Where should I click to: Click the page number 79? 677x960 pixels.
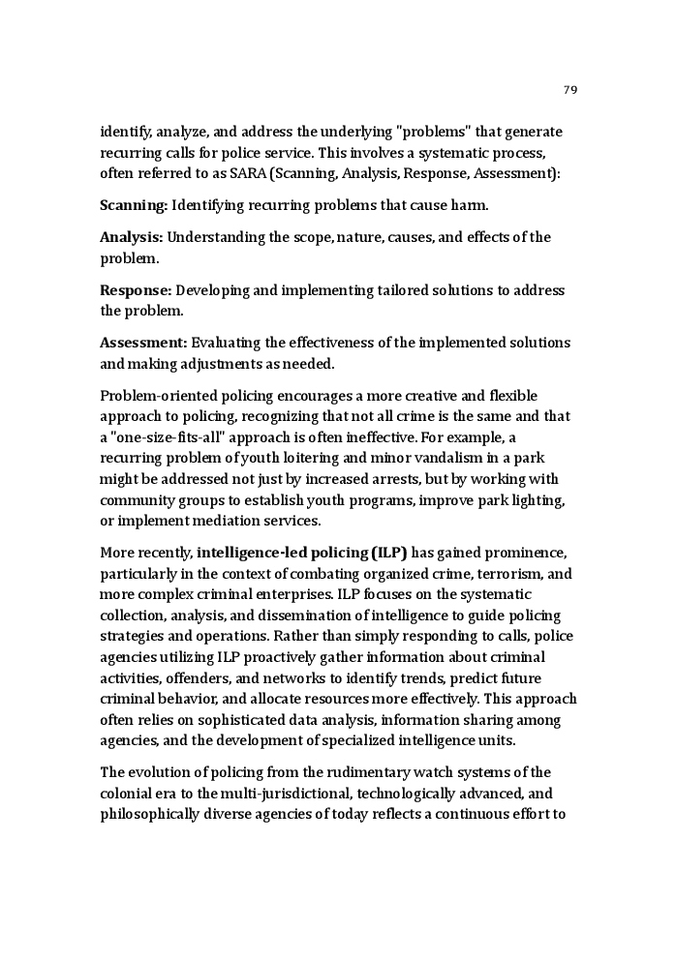tap(569, 90)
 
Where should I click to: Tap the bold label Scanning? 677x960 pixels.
tap(135, 205)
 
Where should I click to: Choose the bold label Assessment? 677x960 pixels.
tap(143, 343)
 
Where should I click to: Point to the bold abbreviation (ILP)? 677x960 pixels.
tap(388, 553)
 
